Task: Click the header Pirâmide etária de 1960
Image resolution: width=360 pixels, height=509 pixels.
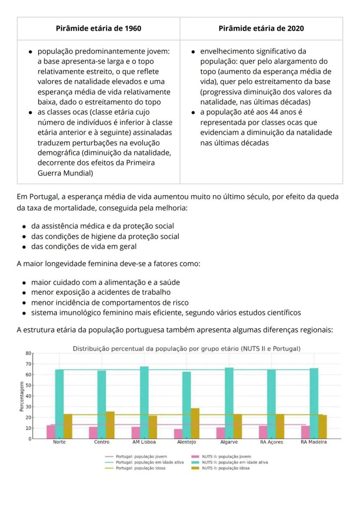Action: click(98, 28)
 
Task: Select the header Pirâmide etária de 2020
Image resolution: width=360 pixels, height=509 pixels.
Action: click(261, 28)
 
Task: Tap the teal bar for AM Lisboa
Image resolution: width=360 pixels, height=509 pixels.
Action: click(144, 402)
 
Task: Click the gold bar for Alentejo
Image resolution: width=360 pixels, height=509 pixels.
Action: click(195, 423)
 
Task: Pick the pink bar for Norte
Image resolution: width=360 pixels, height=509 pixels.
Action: click(51, 432)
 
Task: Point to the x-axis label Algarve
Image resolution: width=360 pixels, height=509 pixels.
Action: click(229, 442)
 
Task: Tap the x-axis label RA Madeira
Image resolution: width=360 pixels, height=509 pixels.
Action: click(314, 442)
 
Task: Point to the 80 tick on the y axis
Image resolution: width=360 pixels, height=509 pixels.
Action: click(29, 353)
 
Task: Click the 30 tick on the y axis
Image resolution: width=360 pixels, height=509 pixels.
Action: click(29, 407)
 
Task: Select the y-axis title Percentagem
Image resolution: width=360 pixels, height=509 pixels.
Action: click(21, 396)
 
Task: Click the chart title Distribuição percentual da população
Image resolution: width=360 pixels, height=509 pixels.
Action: click(186, 349)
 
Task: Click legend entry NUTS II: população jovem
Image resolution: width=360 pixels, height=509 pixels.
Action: click(226, 457)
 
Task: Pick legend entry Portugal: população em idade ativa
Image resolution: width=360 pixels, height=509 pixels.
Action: click(147, 462)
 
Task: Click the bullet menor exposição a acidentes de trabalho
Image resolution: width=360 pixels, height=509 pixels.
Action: click(100, 292)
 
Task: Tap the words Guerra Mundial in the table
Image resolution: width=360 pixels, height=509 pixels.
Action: click(63, 173)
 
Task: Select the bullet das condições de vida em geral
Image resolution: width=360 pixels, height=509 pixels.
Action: click(83, 247)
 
